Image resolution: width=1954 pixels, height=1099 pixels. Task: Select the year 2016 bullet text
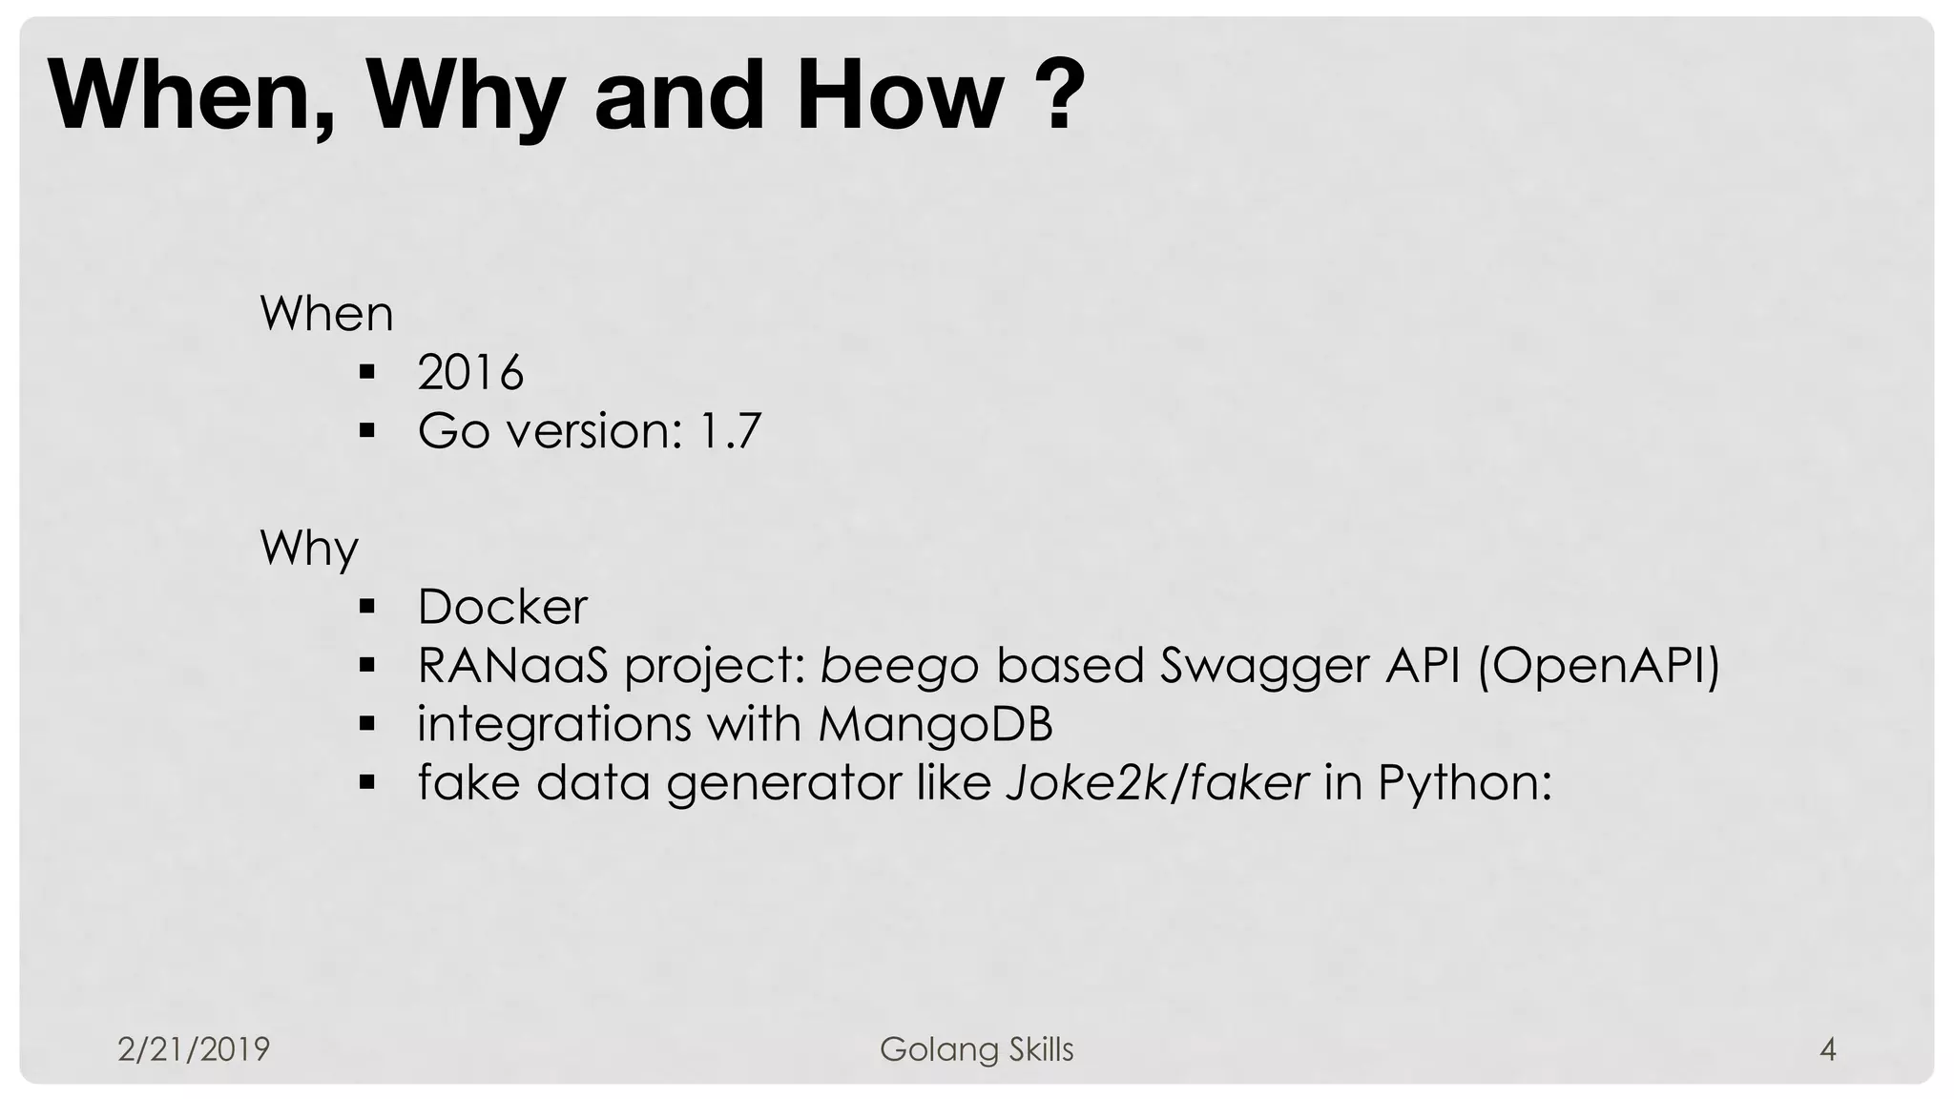click(470, 372)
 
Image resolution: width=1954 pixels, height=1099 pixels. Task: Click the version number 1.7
click(730, 431)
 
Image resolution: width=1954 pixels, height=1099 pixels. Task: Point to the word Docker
click(502, 607)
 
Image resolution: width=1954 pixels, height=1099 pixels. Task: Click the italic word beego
click(899, 666)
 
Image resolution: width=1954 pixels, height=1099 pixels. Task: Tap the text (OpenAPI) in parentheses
click(1597, 665)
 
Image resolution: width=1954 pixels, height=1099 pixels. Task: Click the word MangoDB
click(935, 724)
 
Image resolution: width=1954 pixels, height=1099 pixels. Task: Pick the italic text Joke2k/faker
click(1157, 783)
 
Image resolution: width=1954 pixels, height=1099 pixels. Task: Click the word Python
click(1463, 784)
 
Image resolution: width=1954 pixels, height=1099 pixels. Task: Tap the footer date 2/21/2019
click(194, 1049)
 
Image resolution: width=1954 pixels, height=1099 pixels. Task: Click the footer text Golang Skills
click(976, 1049)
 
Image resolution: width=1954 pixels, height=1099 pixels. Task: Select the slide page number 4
click(1827, 1049)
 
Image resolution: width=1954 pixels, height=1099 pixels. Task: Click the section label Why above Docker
click(309, 549)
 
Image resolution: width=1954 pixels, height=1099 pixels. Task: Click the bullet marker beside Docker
click(366, 607)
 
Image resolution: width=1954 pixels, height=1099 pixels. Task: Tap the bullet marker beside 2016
click(366, 372)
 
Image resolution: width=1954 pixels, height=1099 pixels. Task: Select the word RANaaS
click(512, 666)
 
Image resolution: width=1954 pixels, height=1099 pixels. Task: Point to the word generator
click(782, 784)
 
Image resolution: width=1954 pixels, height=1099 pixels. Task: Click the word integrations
click(554, 724)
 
